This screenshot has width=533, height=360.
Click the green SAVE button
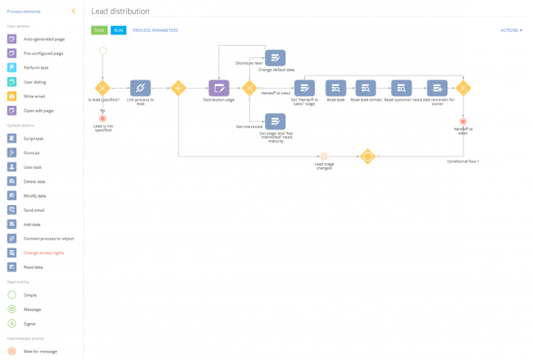pyautogui.click(x=99, y=30)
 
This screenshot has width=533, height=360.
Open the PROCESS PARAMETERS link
pyautogui.click(x=155, y=30)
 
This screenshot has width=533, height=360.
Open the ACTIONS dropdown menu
pyautogui.click(x=510, y=30)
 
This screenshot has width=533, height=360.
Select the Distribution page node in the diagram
pyautogui.click(x=218, y=88)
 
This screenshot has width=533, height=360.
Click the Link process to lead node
pyautogui.click(x=140, y=88)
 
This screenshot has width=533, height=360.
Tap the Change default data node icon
pyautogui.click(x=276, y=57)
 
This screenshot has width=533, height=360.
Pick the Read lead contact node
pyautogui.click(x=366, y=88)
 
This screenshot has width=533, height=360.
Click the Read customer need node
pyautogui.click(x=401, y=88)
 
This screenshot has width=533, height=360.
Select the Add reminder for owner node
pyautogui.click(x=437, y=88)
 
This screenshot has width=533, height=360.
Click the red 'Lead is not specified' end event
pyautogui.click(x=102, y=118)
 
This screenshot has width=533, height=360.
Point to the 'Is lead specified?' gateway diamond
pyautogui.click(x=102, y=88)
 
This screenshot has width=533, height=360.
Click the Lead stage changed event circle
pyautogui.click(x=324, y=156)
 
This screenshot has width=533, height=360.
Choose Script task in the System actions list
pyautogui.click(x=33, y=139)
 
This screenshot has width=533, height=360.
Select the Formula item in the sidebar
pyautogui.click(x=31, y=153)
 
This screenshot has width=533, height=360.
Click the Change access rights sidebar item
pyautogui.click(x=43, y=253)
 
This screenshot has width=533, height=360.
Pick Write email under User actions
pyautogui.click(x=34, y=96)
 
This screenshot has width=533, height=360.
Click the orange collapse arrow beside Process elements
pyautogui.click(x=73, y=11)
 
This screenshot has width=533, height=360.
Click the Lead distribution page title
pyautogui.click(x=121, y=11)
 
